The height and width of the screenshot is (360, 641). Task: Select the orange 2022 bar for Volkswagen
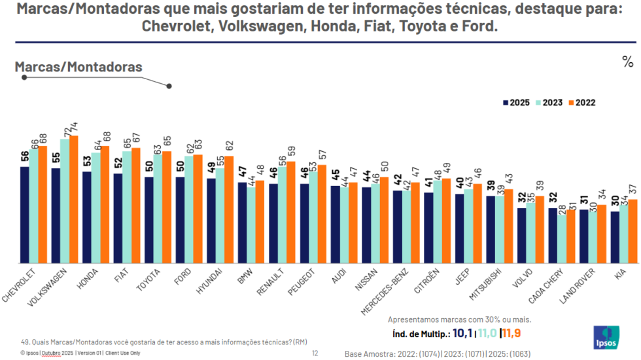coord(73,199)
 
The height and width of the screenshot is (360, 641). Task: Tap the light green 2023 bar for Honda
coord(95,207)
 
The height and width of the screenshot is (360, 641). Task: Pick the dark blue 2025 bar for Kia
coord(615,237)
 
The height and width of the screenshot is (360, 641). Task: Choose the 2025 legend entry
coord(516,103)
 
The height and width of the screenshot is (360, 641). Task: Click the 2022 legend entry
coord(581,103)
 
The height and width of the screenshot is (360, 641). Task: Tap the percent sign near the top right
coord(627,62)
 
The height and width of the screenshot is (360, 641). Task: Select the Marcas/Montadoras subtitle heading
coord(78,67)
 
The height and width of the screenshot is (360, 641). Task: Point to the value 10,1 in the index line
coord(462,333)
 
